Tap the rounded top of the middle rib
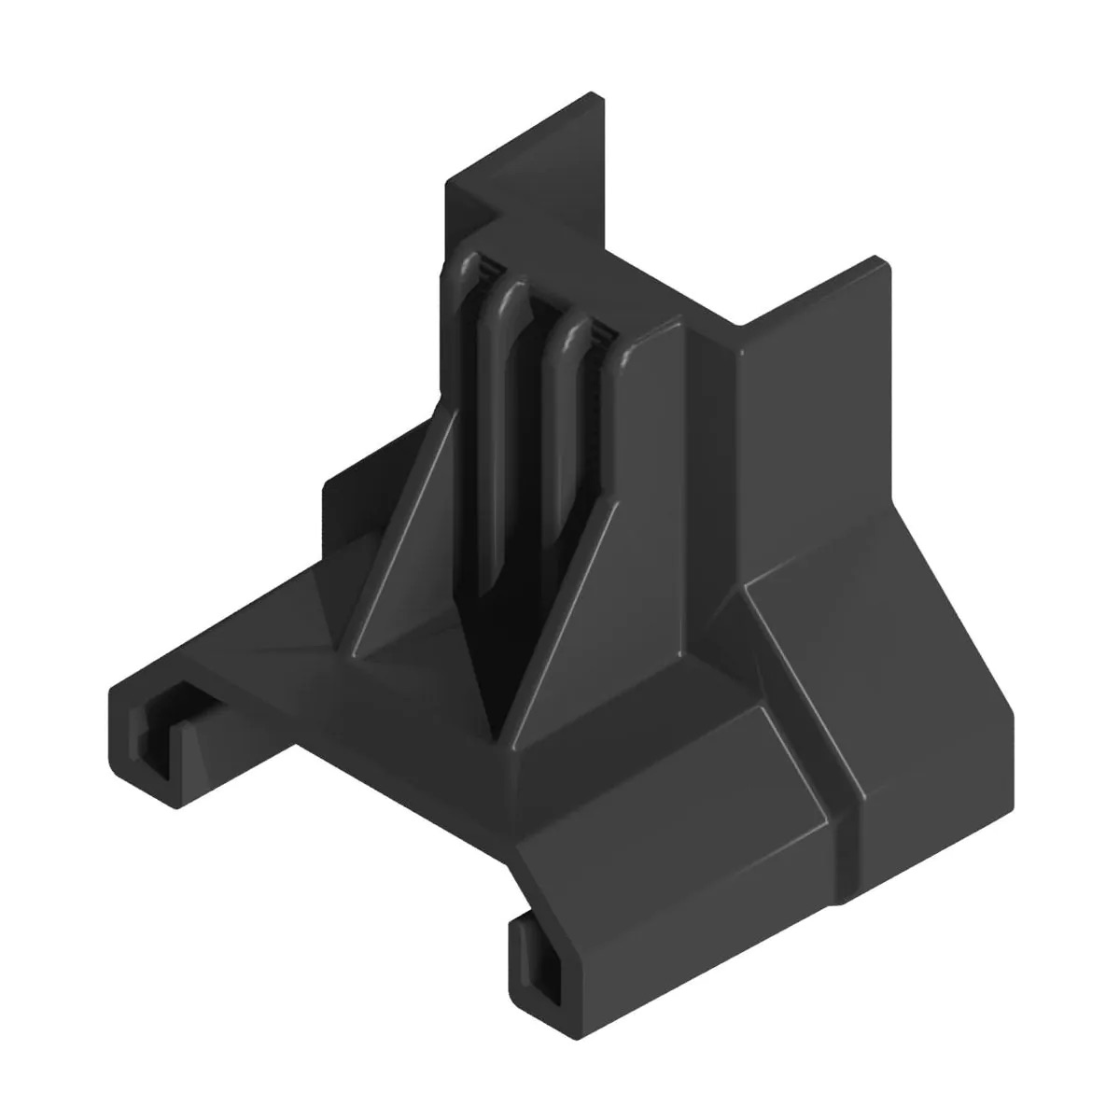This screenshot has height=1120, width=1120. coord(510,297)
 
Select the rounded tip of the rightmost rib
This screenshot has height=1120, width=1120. coord(568,332)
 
